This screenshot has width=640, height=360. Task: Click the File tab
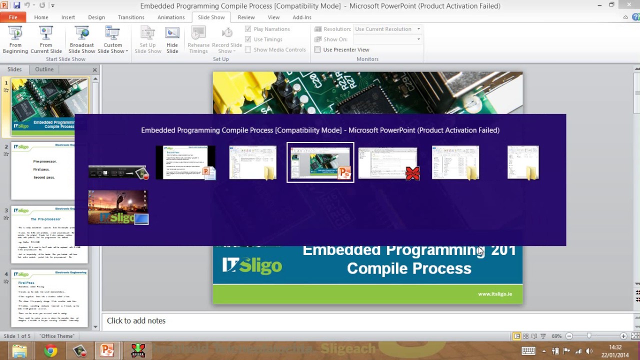click(x=12, y=17)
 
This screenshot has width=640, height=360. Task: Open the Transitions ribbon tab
click(x=131, y=17)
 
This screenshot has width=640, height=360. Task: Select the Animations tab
click(x=171, y=17)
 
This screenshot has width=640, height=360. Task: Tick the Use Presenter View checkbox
click(x=317, y=49)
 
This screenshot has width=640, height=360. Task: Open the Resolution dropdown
click(x=387, y=29)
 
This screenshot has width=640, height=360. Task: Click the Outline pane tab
click(x=44, y=69)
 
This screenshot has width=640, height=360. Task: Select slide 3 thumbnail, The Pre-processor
click(x=49, y=234)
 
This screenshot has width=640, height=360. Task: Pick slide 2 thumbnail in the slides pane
click(x=49, y=170)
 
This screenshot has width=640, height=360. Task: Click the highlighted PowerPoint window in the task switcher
click(x=320, y=162)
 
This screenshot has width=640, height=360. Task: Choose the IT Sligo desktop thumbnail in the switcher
click(x=118, y=207)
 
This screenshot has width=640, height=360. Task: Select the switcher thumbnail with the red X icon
click(x=388, y=162)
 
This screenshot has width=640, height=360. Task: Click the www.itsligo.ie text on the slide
click(x=494, y=294)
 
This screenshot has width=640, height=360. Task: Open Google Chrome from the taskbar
click(x=50, y=351)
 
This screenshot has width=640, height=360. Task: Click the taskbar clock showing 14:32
click(x=615, y=351)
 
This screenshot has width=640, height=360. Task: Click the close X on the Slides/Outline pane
click(x=94, y=70)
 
